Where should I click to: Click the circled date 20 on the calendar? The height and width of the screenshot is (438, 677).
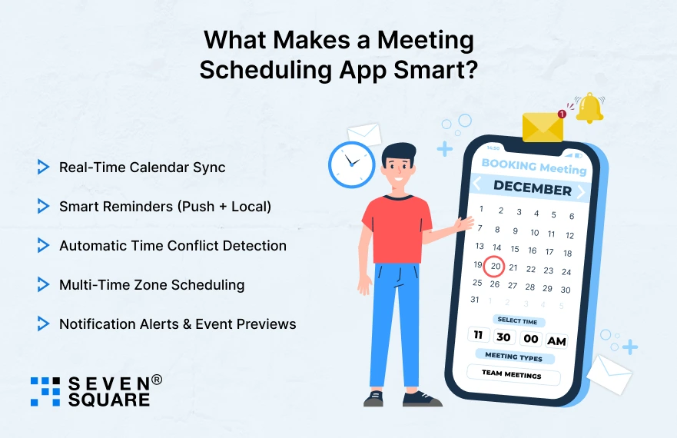pos(495,266)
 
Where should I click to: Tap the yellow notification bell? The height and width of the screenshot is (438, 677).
pos(589,108)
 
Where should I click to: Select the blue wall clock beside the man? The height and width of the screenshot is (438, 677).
pos(351,164)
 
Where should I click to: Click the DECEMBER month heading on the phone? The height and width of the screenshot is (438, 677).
pos(532,187)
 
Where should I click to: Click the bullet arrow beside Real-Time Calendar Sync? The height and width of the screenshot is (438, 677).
pos(43,167)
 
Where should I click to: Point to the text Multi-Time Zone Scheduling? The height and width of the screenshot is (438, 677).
pos(151,284)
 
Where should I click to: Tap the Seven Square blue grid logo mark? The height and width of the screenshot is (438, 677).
pos(45,391)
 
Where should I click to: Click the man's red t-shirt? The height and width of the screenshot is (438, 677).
pos(394,229)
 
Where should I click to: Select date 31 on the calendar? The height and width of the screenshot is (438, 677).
pos(475,300)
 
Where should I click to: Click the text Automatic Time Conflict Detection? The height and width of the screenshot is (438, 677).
pos(173,246)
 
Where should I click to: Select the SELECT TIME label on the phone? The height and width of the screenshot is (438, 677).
pos(517,321)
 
